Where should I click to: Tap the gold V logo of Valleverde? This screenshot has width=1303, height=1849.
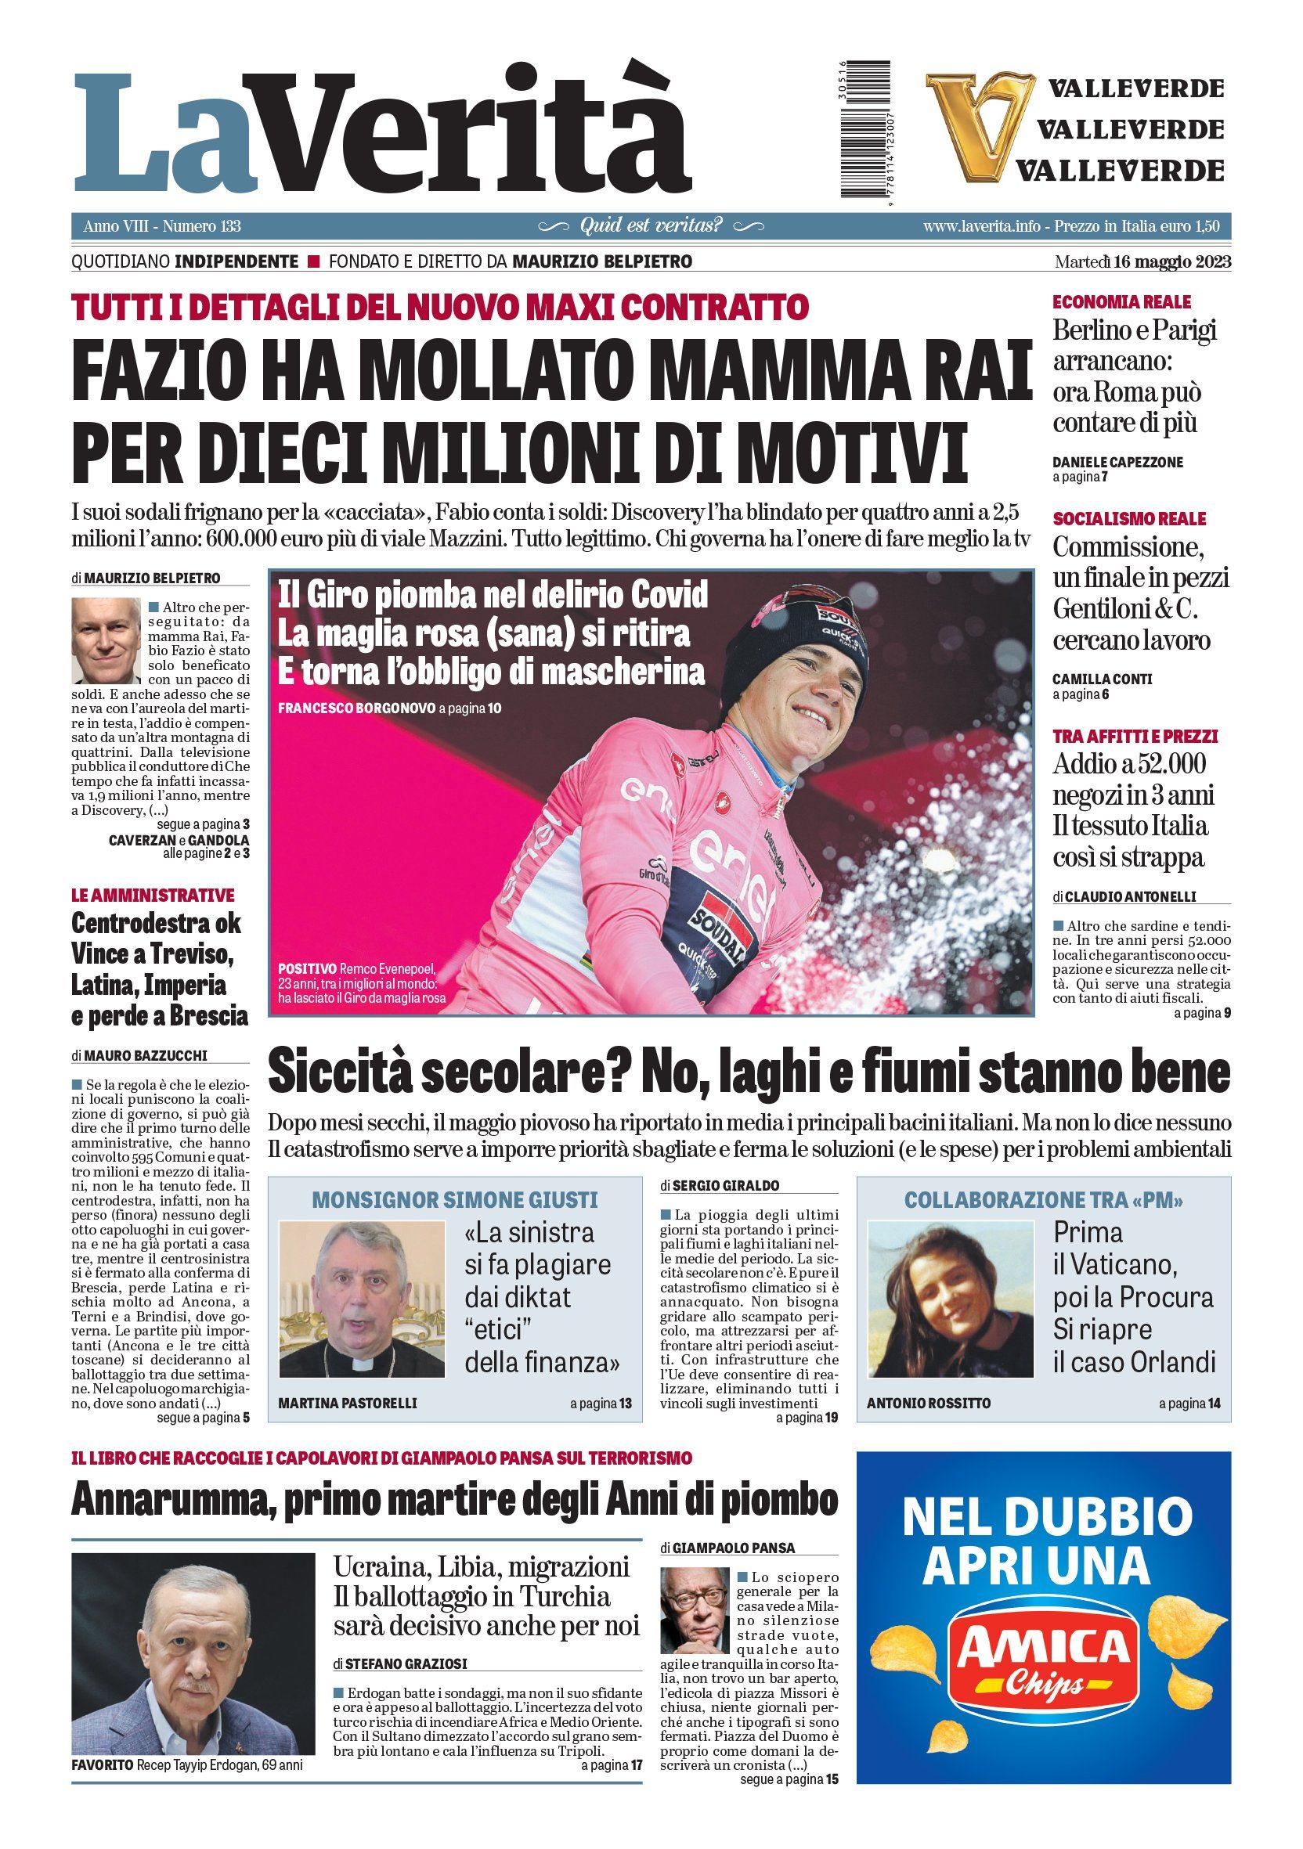click(x=969, y=127)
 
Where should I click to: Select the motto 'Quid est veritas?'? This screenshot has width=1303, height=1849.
click(x=651, y=226)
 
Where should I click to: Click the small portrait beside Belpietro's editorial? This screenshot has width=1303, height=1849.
click(x=106, y=640)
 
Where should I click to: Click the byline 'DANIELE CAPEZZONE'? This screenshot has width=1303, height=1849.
click(x=1117, y=462)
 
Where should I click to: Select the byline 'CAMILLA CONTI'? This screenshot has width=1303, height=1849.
click(x=1102, y=679)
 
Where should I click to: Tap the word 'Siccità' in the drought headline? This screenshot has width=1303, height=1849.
click(x=337, y=1073)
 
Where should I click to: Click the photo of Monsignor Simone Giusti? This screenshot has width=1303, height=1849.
click(x=362, y=1299)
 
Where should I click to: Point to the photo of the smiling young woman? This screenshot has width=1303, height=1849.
click(x=950, y=1299)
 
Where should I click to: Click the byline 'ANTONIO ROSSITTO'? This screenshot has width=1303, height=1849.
click(x=929, y=1403)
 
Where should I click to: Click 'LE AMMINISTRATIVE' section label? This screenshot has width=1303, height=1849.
click(x=152, y=896)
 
